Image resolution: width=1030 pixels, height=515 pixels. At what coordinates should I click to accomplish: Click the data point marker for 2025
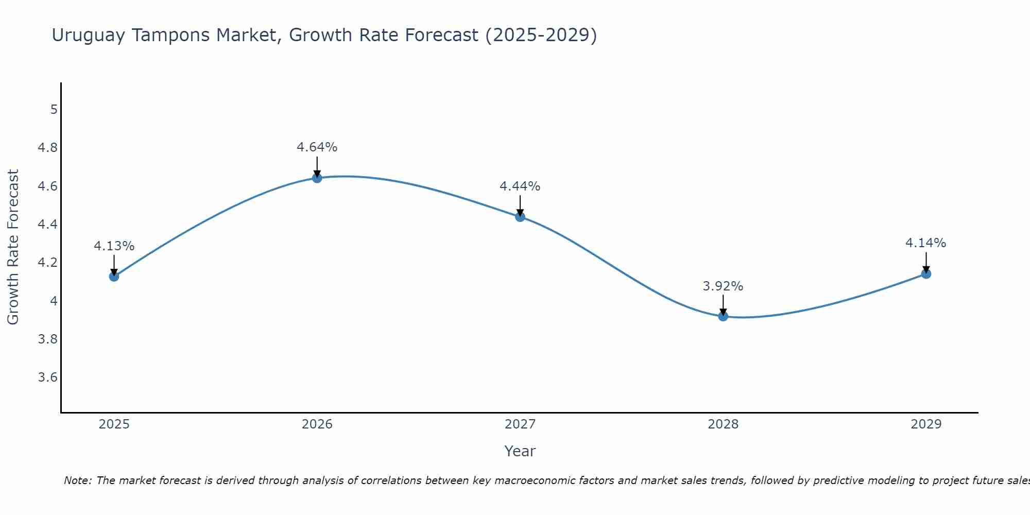point(114,276)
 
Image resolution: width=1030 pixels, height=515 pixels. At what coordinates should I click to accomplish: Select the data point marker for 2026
point(317,178)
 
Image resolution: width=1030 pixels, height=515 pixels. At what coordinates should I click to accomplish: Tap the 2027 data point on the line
point(520,217)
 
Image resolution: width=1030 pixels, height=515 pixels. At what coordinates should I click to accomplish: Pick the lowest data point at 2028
point(723,316)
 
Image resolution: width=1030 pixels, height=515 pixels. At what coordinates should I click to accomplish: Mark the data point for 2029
point(926,273)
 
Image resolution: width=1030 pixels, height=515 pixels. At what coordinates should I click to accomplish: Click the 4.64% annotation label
point(317,147)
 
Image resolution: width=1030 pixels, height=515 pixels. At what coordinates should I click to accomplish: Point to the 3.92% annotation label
point(723,286)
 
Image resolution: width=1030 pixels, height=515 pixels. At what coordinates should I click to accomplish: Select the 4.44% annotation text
point(520,186)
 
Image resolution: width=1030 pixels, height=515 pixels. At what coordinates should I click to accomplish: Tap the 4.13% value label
point(114,246)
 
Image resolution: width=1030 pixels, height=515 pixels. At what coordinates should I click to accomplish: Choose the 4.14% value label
point(925,243)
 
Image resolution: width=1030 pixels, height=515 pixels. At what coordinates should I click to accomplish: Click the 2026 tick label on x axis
point(317,424)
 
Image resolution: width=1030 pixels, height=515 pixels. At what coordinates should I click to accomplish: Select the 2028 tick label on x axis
point(723,424)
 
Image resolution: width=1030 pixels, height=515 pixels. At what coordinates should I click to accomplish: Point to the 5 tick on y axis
point(54,109)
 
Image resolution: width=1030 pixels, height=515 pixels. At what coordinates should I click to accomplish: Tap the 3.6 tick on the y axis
point(48,377)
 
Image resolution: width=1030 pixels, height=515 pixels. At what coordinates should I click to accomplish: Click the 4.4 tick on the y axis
point(48,225)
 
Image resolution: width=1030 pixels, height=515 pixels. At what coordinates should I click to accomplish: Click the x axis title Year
point(520,451)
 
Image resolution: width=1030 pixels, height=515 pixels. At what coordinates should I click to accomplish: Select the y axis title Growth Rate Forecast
point(13,247)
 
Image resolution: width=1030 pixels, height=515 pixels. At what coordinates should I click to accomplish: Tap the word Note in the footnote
point(77,480)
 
